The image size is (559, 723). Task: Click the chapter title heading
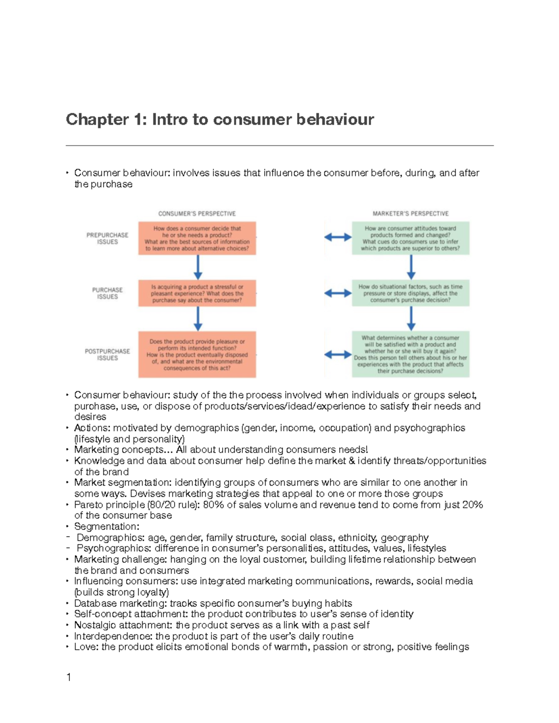point(220,120)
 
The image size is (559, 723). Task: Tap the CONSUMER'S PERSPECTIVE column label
point(197,214)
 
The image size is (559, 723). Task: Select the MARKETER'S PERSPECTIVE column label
point(410,214)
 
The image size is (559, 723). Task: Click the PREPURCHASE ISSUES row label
point(107,238)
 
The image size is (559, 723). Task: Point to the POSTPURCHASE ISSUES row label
point(107,355)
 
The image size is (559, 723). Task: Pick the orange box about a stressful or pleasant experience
point(197,293)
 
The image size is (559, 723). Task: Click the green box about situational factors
point(410,293)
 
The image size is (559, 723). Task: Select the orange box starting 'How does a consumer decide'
point(197,238)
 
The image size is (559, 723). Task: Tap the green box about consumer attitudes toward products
point(410,238)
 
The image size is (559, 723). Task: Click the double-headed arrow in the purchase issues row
point(338,293)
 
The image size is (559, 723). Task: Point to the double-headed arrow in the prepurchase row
point(338,237)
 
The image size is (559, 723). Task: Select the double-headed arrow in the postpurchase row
point(338,355)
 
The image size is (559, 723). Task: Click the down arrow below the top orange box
point(198,267)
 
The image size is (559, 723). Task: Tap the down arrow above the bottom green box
point(411,319)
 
